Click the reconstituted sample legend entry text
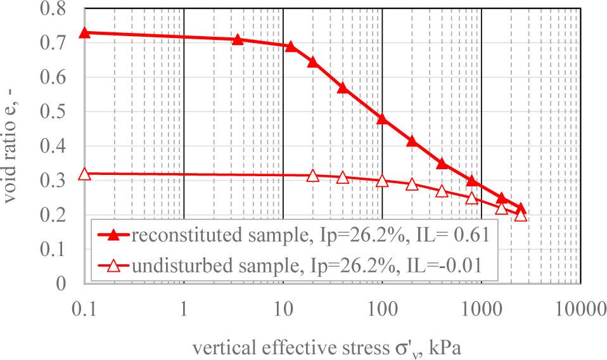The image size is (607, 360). [310, 236]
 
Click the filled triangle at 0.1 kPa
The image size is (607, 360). [85, 32]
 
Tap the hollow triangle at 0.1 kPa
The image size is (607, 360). [85, 174]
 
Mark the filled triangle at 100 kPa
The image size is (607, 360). [382, 119]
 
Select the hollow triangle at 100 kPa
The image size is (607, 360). [382, 181]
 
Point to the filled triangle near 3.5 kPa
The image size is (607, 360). [238, 39]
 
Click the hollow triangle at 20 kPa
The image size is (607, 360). [312, 176]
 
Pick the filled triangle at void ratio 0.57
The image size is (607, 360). [343, 87]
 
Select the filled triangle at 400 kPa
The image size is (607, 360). [442, 164]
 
